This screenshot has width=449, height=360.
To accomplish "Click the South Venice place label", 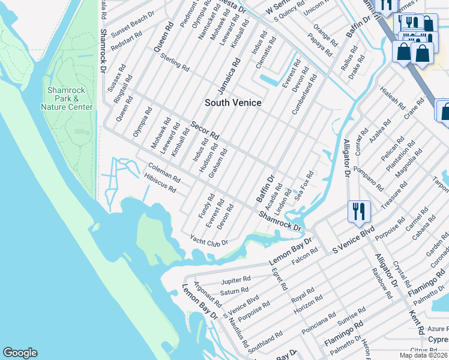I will tap(233, 103).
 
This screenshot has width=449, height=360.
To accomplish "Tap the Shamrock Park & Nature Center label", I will tap(67, 98).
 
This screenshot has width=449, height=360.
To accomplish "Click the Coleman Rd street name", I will tap(164, 174).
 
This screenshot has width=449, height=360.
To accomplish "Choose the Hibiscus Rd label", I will tap(160, 184).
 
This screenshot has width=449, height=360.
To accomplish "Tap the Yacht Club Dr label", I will tap(209, 240).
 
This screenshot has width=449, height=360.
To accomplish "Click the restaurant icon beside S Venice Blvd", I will tap(358, 212).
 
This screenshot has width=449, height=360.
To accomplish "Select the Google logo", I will tap(20, 353).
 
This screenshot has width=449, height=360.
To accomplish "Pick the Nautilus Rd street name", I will tap(239, 334).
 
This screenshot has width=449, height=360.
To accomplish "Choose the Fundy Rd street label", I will tap(206, 206).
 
